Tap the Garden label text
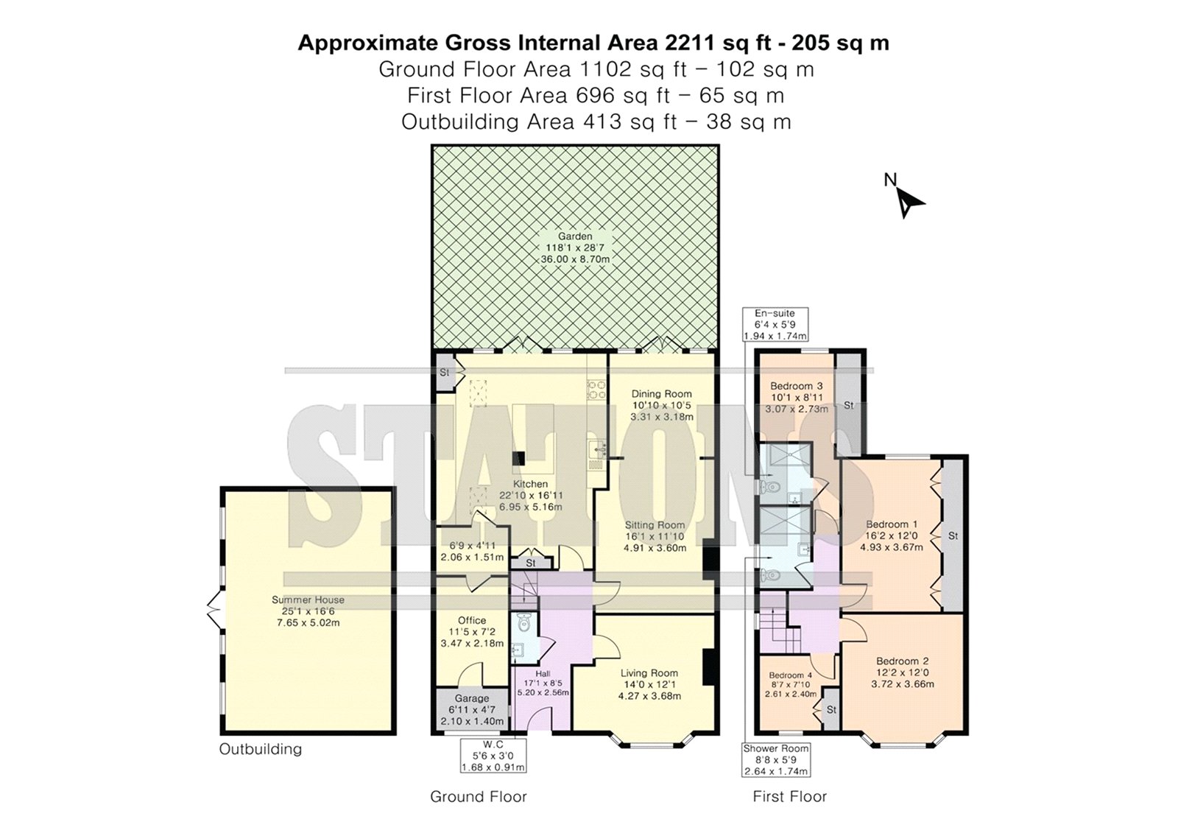[x=575, y=237]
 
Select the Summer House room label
[x=308, y=600]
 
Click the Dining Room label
[x=662, y=393]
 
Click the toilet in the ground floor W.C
[x=523, y=625]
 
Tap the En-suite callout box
[x=775, y=325]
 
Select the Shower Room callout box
[x=776, y=760]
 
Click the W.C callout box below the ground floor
[x=493, y=756]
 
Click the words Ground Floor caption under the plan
[x=478, y=797]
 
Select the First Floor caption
[x=789, y=797]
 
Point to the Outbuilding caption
[x=261, y=749]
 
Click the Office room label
[x=472, y=620]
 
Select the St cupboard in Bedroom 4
[x=831, y=709]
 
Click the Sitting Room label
[x=655, y=524]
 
